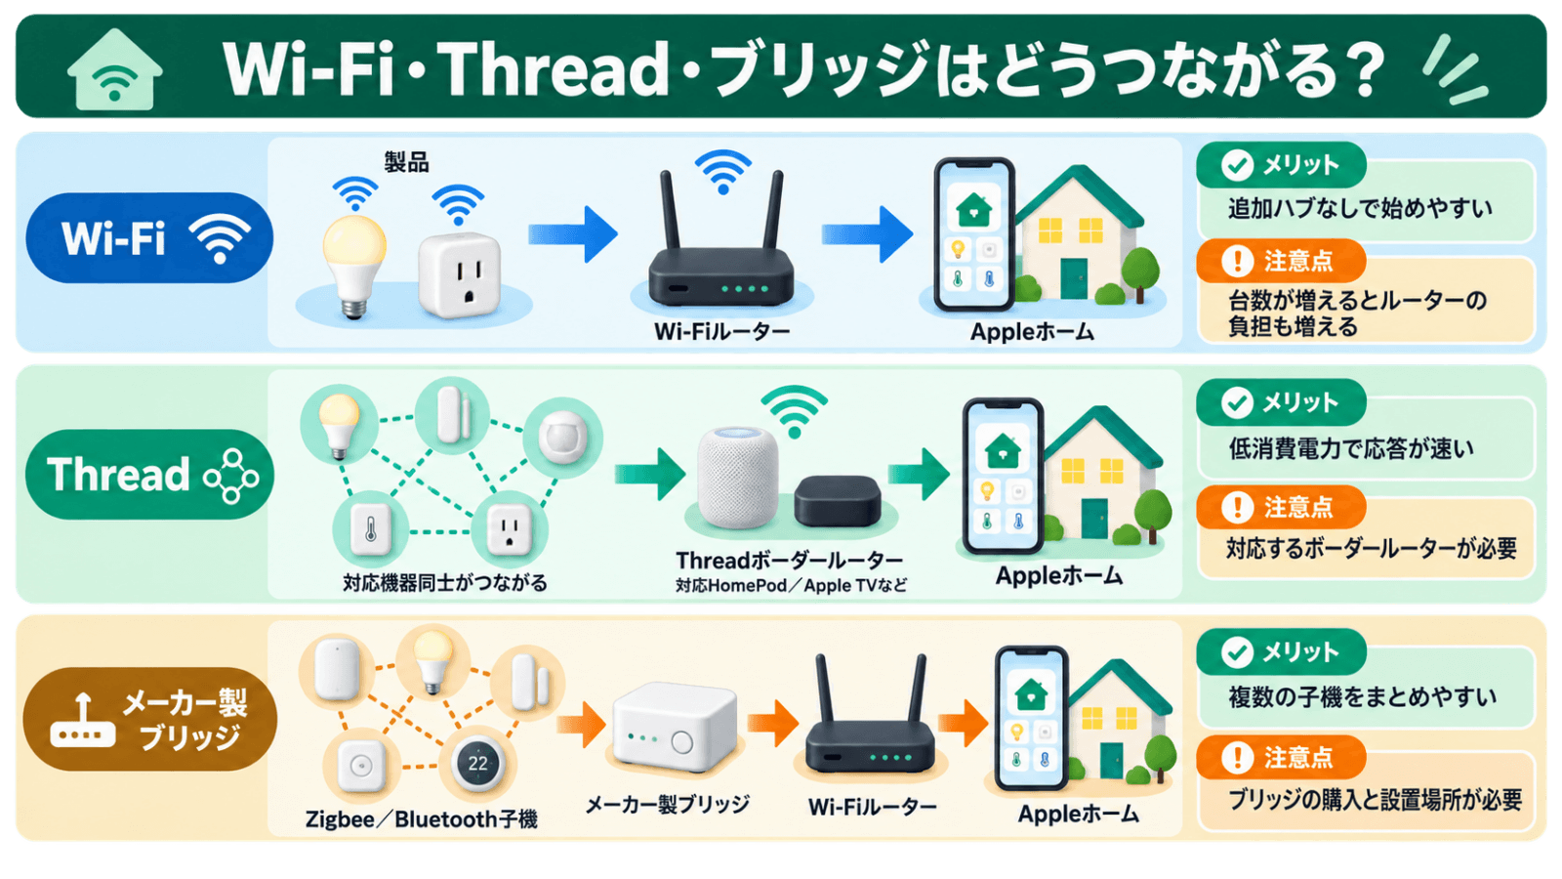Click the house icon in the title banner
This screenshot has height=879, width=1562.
coord(115,69)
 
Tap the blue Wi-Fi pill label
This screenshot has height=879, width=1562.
coord(149,238)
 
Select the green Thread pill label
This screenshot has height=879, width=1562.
coord(149,475)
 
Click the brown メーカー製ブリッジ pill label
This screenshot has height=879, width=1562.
coord(149,719)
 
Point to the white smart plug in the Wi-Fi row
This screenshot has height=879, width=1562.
coord(460,274)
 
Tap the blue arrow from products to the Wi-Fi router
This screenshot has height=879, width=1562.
coord(572,234)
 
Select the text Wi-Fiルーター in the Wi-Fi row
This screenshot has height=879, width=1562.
coord(721,331)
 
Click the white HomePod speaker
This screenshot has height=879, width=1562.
coord(738,478)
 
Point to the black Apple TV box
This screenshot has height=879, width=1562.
coord(837,501)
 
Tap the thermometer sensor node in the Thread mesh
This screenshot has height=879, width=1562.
coord(370,529)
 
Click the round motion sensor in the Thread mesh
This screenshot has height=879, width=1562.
coord(562,438)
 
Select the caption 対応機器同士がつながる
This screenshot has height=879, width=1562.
coord(445,582)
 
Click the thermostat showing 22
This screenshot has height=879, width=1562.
coord(477,763)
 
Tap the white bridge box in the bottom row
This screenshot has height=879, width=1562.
coord(674,727)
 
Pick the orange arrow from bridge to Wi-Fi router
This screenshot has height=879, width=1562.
coord(772,723)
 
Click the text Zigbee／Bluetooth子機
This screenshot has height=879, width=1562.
coord(421,819)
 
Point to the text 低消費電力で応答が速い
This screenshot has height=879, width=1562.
coord(1351,448)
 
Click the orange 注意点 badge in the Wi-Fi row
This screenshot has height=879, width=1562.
coord(1281,261)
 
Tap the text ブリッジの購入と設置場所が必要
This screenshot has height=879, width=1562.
coord(1376,800)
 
